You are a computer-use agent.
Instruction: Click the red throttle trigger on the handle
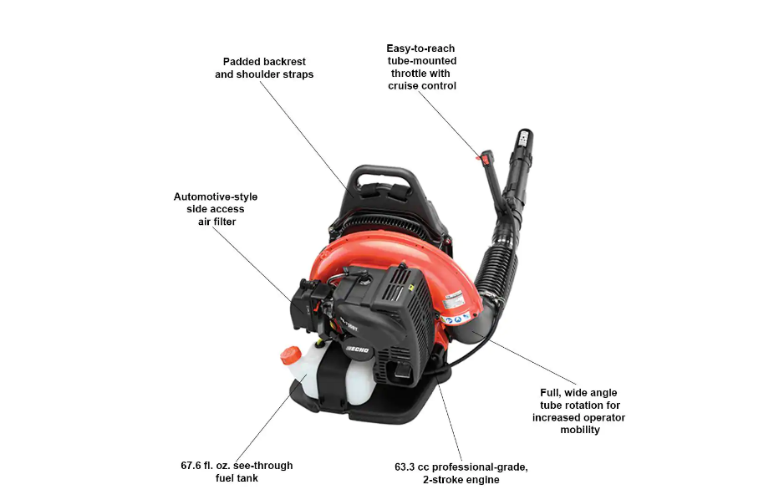click(x=479, y=156)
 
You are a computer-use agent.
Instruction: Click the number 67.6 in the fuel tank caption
click(x=196, y=466)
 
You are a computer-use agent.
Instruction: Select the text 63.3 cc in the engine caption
click(x=418, y=467)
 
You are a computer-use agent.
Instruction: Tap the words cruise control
click(x=422, y=85)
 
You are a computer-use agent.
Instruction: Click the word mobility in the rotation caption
click(x=578, y=430)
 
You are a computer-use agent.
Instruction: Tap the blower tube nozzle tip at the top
click(x=525, y=137)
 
